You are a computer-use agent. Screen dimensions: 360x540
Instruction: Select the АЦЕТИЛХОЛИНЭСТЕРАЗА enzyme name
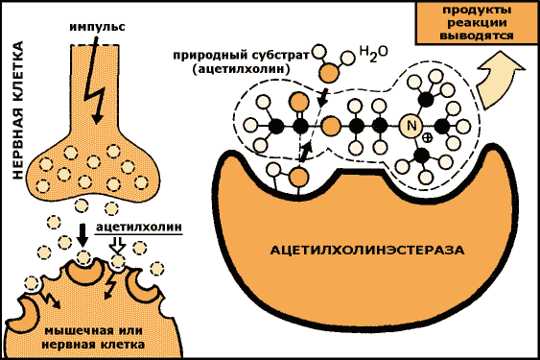pyautogui.click(x=367, y=250)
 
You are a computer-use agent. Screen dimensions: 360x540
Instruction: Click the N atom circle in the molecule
pyautogui.click(x=411, y=126)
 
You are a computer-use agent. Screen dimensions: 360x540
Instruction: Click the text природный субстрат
pyautogui.click(x=243, y=56)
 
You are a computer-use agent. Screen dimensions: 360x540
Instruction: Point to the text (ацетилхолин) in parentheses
pyautogui.click(x=235, y=71)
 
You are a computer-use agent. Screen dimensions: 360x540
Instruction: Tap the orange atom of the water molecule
pyautogui.click(x=329, y=71)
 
